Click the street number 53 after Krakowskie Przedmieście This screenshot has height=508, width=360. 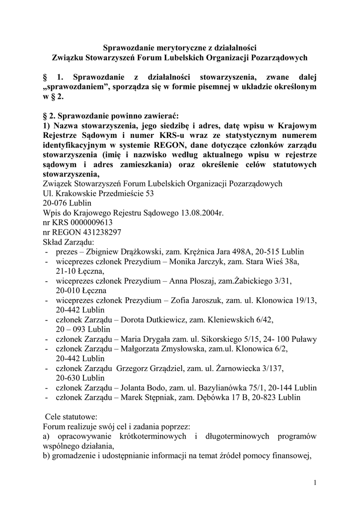click(x=148, y=193)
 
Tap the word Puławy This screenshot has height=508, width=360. click(x=303, y=339)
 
